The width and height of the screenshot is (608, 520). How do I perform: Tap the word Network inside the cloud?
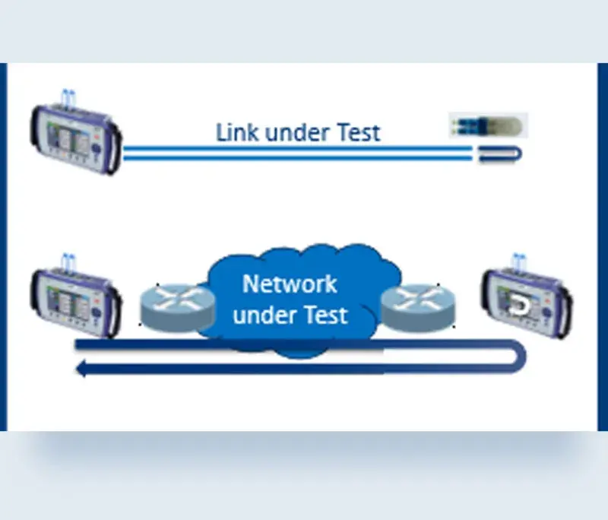point(289,284)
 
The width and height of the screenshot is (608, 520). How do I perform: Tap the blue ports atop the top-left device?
point(68,97)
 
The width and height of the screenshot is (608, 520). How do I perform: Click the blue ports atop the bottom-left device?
point(68,261)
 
